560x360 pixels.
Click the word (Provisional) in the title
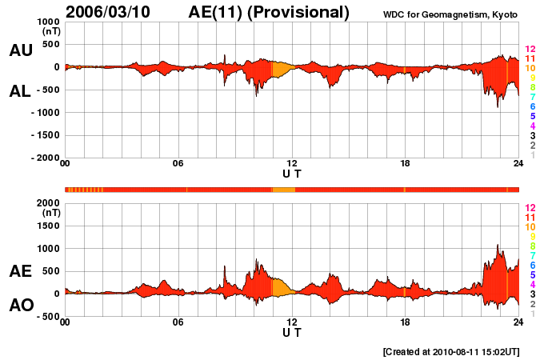(x=301, y=12)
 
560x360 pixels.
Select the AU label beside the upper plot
(x=20, y=50)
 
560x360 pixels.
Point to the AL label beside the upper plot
(x=20, y=91)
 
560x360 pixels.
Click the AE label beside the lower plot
(x=20, y=271)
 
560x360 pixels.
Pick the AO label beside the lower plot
(x=20, y=305)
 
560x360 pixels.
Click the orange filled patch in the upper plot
(x=282, y=69)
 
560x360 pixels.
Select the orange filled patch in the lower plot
(x=282, y=287)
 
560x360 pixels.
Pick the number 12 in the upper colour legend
(x=530, y=50)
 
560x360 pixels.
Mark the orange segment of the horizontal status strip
(x=284, y=190)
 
